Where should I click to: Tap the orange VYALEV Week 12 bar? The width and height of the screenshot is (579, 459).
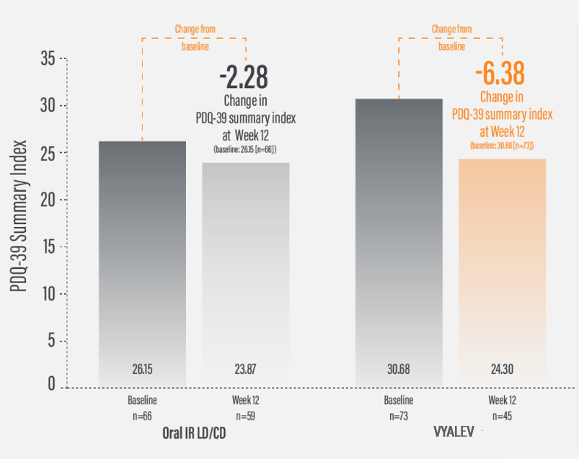[x=503, y=267]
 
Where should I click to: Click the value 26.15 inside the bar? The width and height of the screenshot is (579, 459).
[x=142, y=370]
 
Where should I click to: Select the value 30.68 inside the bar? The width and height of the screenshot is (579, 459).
[x=399, y=370]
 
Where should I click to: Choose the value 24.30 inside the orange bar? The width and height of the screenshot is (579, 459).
[x=503, y=370]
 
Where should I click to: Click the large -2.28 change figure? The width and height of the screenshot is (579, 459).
[x=243, y=75]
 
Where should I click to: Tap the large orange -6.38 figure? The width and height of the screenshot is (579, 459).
[x=500, y=73]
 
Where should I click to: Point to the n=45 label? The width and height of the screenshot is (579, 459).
[x=503, y=416]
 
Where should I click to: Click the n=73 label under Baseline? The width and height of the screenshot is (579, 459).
[x=399, y=416]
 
